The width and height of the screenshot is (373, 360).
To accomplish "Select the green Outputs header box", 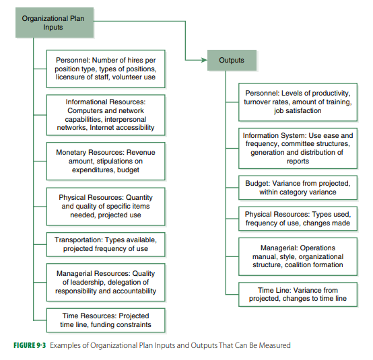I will pos(232,61).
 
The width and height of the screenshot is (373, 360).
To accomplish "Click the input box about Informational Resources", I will pos(106,114).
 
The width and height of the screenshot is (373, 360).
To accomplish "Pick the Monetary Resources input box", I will pos(106,161).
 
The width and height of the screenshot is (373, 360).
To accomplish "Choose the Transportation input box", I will pos(106,244).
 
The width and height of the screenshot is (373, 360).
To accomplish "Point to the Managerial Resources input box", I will pos(106,282).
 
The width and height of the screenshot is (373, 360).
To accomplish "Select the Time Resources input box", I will pos(106,320).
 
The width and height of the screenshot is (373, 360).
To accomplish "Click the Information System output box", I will pos(298,148).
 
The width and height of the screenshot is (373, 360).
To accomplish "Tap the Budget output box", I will pos(298,188).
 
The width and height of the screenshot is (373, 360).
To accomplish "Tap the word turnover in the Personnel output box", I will pos(259,102).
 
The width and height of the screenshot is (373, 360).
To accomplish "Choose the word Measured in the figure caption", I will pos(274,345).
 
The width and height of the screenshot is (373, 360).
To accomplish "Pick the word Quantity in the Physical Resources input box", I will pos(139,198).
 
